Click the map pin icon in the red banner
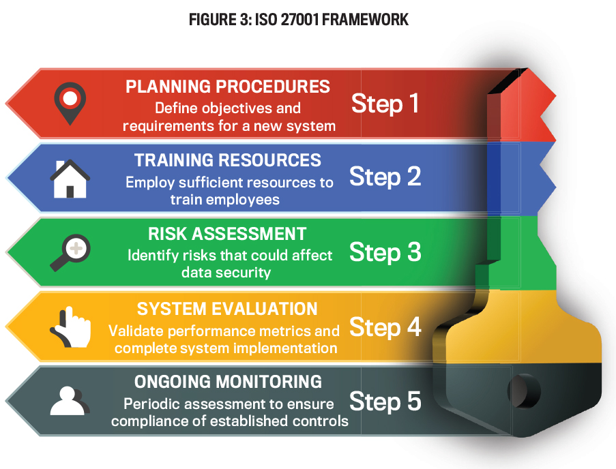(x=70, y=103)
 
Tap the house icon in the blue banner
(x=70, y=179)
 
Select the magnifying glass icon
(x=70, y=252)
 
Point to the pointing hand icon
(x=70, y=327)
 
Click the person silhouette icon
(x=70, y=401)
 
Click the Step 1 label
(x=385, y=104)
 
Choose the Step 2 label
(x=385, y=177)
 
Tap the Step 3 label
(x=385, y=252)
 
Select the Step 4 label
(x=385, y=327)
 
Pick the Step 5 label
(x=385, y=402)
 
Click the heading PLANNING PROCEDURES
(x=228, y=87)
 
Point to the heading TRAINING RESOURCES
(x=228, y=160)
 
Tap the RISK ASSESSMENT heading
(x=227, y=234)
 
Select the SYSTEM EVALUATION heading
(x=227, y=309)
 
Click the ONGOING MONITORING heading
(x=228, y=382)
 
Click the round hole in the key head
(x=524, y=391)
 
